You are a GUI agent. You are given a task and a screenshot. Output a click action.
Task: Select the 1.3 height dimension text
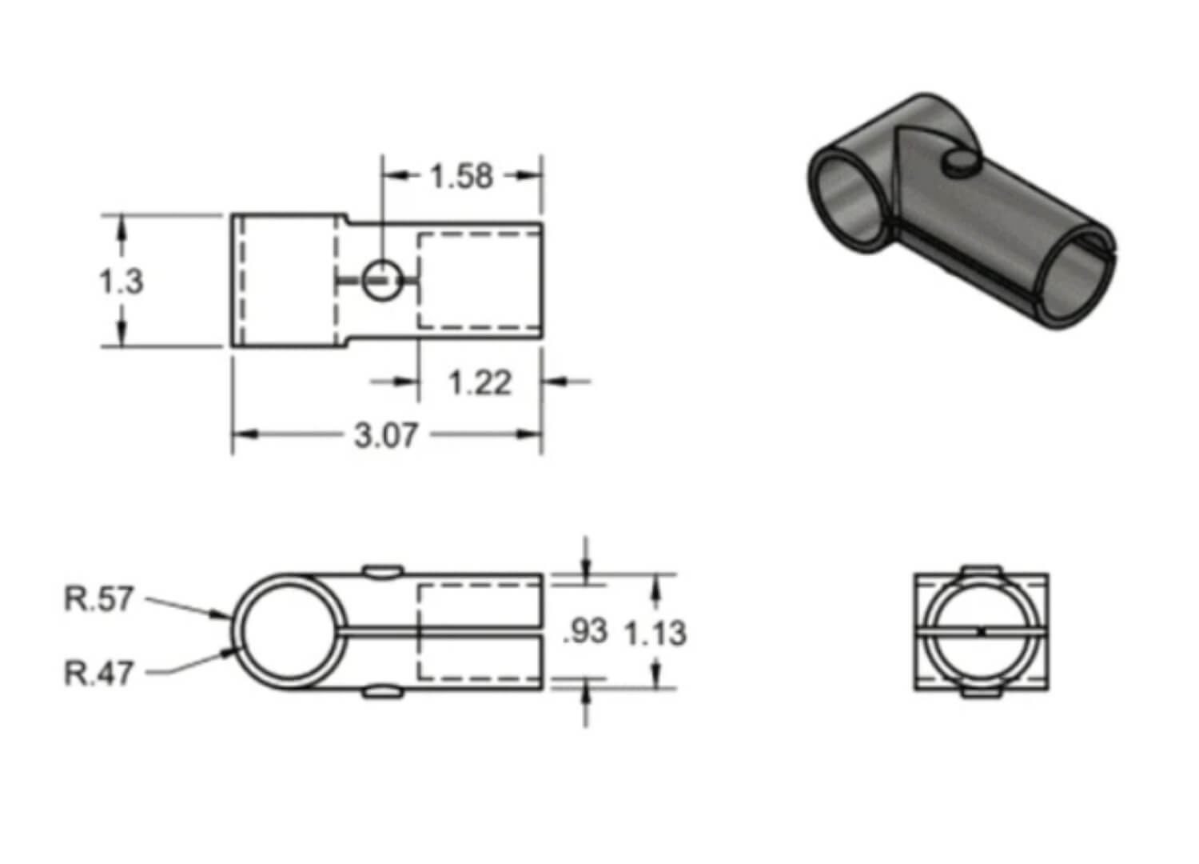tap(121, 282)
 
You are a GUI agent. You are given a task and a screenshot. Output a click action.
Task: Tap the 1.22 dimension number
tap(480, 383)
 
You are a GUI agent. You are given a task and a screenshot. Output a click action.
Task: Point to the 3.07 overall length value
tap(385, 435)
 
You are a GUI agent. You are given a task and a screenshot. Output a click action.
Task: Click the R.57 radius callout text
tap(98, 599)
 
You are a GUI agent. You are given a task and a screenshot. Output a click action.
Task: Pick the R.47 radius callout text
tap(98, 674)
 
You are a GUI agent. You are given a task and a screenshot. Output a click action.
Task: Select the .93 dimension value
tap(586, 631)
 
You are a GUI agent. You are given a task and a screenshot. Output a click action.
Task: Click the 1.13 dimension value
tap(655, 634)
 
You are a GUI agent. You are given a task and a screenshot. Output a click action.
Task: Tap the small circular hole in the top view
tap(381, 280)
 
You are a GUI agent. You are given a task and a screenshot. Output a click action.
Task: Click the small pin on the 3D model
tap(960, 164)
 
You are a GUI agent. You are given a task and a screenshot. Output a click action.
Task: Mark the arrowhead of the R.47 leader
tap(236, 650)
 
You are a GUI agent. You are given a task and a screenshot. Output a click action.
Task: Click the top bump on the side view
tap(383, 571)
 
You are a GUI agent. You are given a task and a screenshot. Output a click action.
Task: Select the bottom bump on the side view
tap(383, 693)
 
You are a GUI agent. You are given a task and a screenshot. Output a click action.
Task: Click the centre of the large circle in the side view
tap(289, 632)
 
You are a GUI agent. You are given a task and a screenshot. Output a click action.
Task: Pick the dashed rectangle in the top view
tap(480, 281)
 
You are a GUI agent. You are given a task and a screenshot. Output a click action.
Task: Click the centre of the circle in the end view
tap(982, 632)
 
